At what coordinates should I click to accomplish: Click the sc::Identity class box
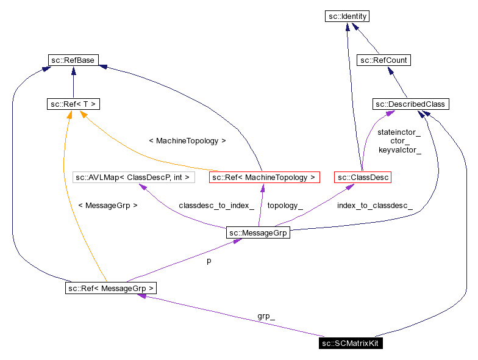[x=347, y=16]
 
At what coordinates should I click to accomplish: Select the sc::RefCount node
[x=383, y=60]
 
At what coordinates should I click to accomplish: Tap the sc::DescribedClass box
[x=411, y=104]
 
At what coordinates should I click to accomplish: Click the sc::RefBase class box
[x=73, y=60]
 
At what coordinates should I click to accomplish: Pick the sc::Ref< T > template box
[x=73, y=104]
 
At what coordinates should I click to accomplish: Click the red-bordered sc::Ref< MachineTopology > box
[x=264, y=178]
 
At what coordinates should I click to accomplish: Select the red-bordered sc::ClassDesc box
[x=362, y=178]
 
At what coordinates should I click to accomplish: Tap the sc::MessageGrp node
[x=257, y=232]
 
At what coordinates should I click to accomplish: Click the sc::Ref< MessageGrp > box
[x=111, y=287]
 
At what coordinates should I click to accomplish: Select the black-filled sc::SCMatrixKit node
[x=351, y=344]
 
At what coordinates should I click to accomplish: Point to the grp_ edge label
[x=266, y=317]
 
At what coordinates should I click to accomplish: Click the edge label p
[x=209, y=260]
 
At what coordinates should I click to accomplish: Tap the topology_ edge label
[x=285, y=206]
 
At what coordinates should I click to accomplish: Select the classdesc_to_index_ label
[x=216, y=206]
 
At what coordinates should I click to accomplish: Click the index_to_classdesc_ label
[x=374, y=206]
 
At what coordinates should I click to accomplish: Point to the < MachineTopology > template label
[x=187, y=140]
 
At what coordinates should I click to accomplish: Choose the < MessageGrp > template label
[x=107, y=206]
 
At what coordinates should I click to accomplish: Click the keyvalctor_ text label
[x=399, y=149]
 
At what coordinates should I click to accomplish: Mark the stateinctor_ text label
[x=399, y=132]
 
